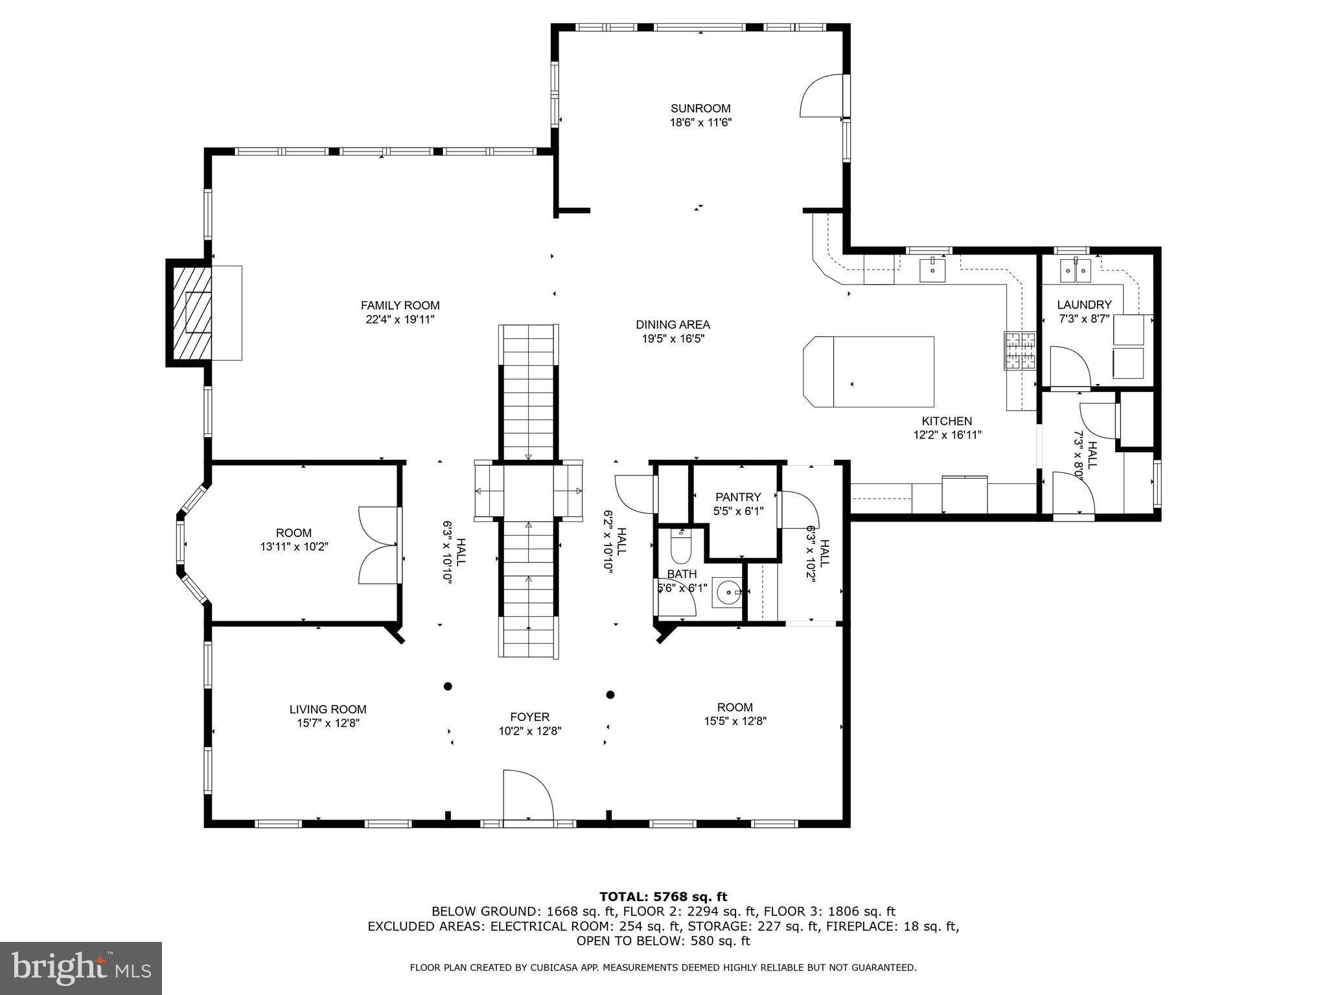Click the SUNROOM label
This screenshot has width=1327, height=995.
pyautogui.click(x=700, y=108)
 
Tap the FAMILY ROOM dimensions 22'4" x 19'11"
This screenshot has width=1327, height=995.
pyautogui.click(x=400, y=319)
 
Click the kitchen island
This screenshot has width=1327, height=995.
pyautogui.click(x=868, y=372)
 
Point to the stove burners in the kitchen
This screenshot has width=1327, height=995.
pyautogui.click(x=1020, y=350)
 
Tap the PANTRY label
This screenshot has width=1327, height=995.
pyautogui.click(x=737, y=497)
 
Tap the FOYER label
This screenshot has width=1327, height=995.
pyautogui.click(x=529, y=716)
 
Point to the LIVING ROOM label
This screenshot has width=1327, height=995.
pyautogui.click(x=328, y=709)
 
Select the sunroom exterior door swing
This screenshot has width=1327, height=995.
pyautogui.click(x=822, y=97)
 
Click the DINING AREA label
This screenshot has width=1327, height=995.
pyautogui.click(x=673, y=325)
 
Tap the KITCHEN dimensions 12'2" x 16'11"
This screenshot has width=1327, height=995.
pyautogui.click(x=947, y=435)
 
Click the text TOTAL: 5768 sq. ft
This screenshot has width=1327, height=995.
pyautogui.click(x=663, y=897)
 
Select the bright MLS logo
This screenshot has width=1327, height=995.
pyautogui.click(x=80, y=968)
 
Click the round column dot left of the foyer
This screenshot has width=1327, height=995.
pyautogui.click(x=447, y=686)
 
